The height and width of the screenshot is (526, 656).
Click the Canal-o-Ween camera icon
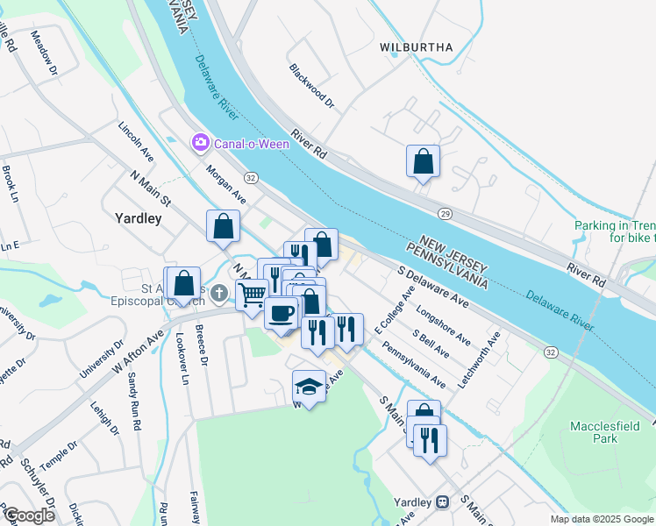[x=201, y=142]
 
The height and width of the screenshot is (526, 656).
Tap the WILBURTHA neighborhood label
[x=417, y=46]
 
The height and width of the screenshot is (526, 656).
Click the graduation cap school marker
[x=309, y=385]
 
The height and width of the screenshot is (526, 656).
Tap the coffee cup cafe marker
[x=282, y=312]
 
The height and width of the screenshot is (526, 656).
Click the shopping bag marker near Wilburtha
[x=423, y=160]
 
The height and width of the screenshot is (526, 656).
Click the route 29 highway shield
[x=445, y=214]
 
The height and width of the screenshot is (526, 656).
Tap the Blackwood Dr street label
[x=312, y=86]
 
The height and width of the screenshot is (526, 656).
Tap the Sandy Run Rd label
[x=134, y=400]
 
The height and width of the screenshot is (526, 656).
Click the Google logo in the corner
[x=28, y=515]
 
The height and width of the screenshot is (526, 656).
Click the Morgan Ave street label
[x=225, y=184]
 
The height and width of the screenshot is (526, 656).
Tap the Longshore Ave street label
[x=444, y=324]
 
